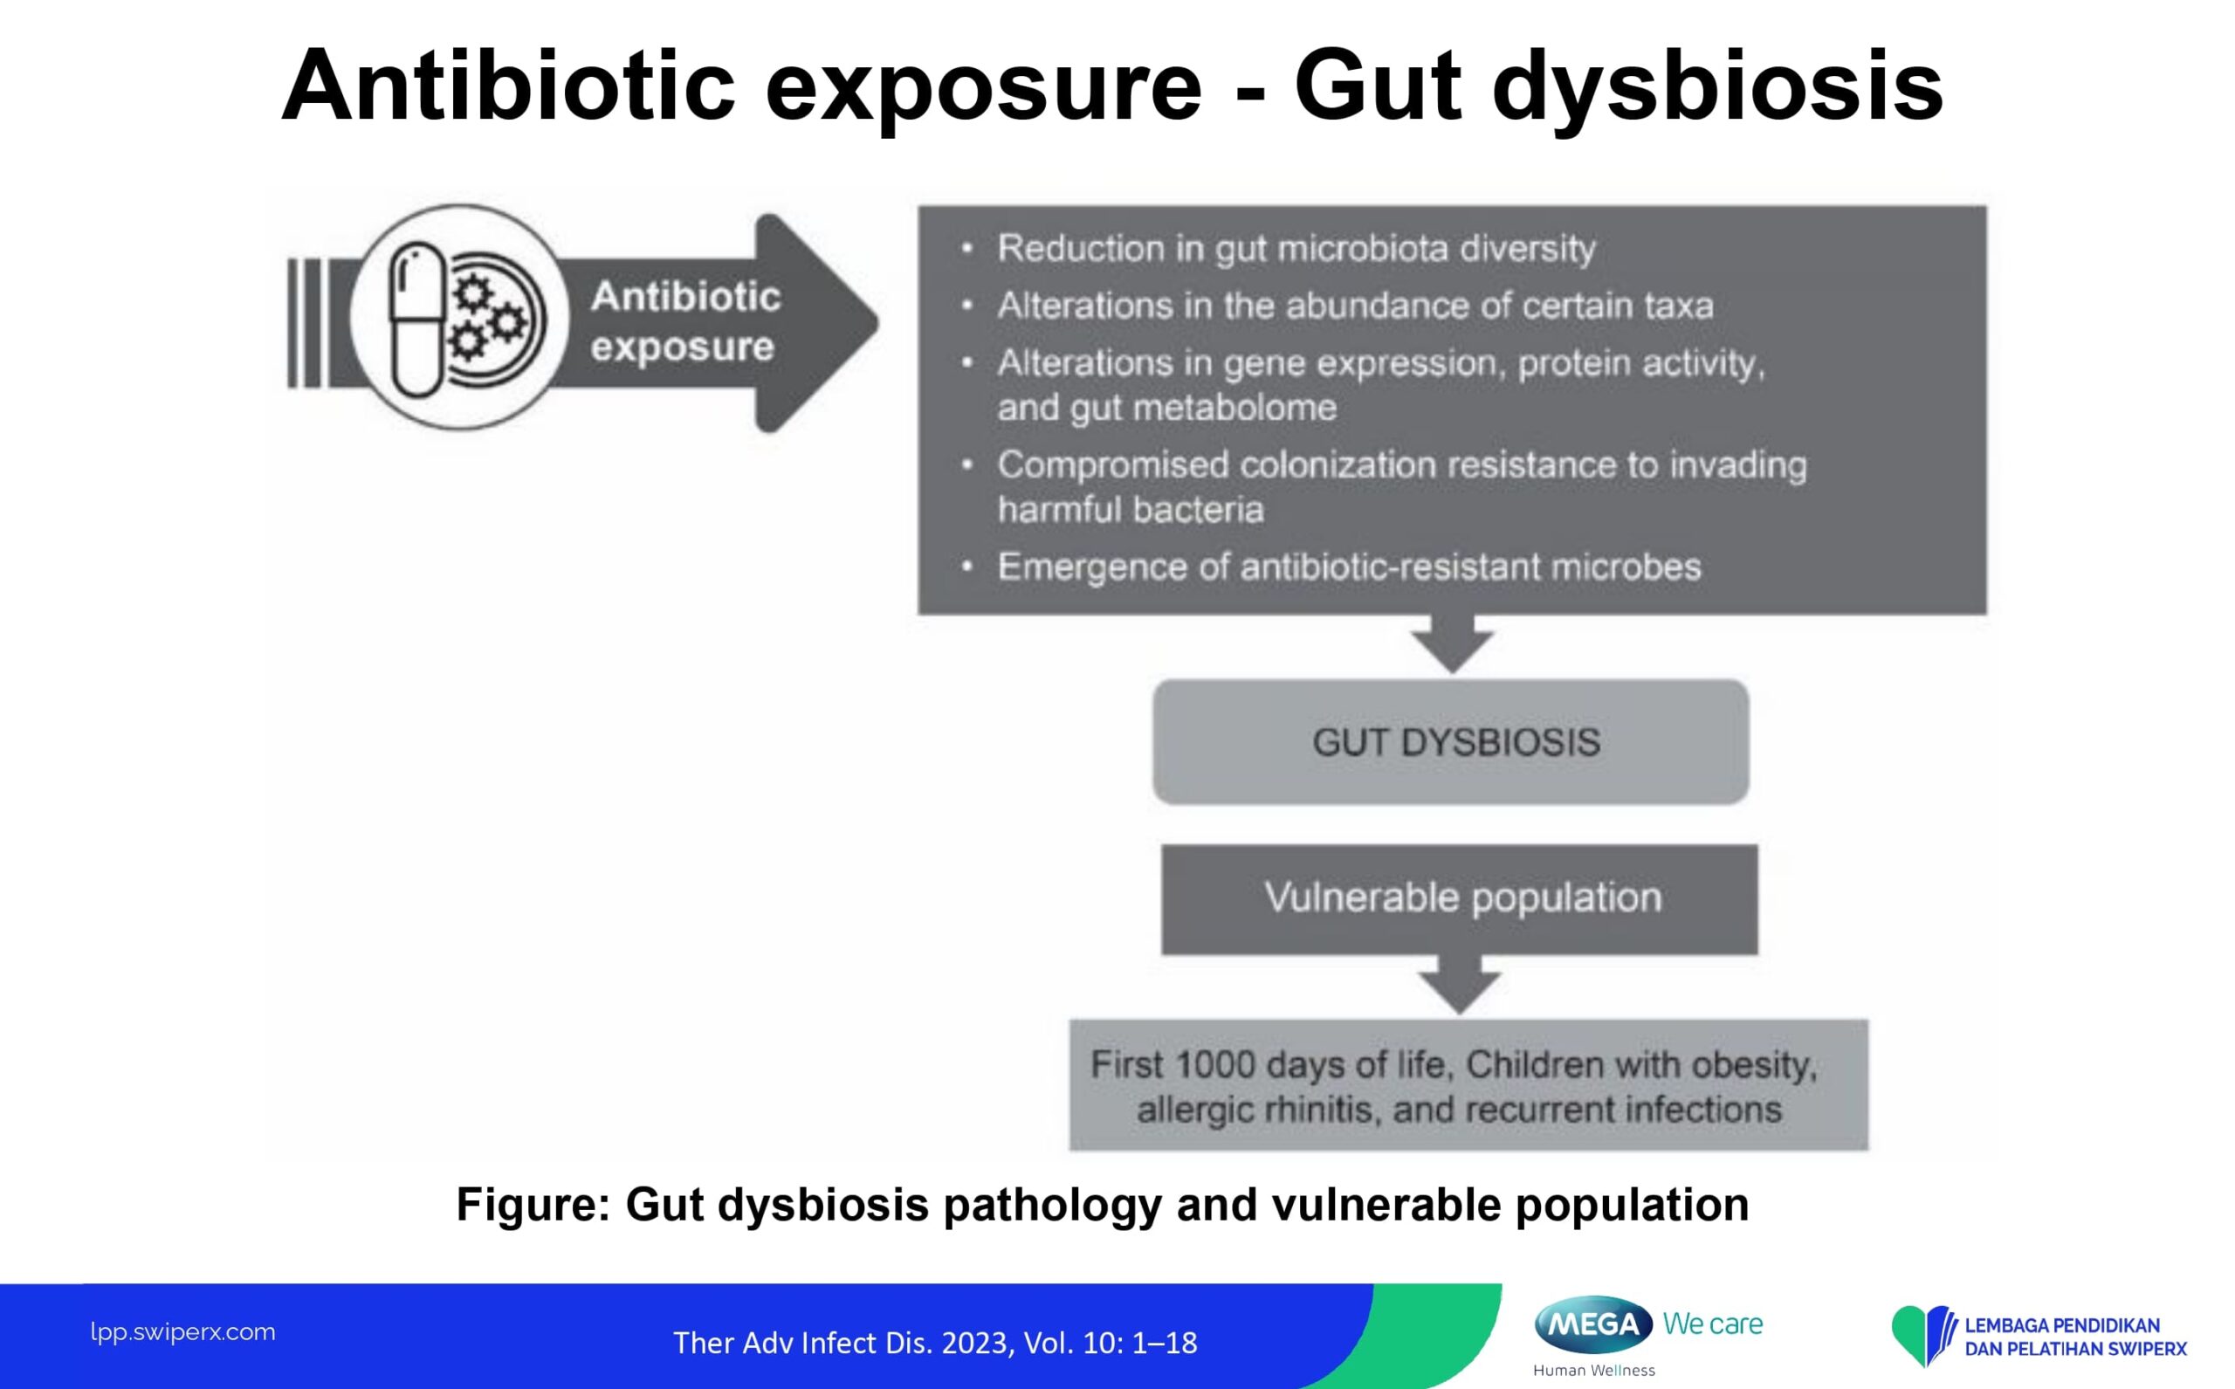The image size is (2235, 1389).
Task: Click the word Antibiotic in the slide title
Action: pyautogui.click(x=508, y=86)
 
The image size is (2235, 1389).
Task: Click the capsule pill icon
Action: pyautogui.click(x=417, y=320)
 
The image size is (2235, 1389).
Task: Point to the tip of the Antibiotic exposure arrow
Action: pyautogui.click(x=878, y=322)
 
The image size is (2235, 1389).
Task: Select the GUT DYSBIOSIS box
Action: pyautogui.click(x=1450, y=742)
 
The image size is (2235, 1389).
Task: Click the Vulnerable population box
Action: pyautogui.click(x=1460, y=899)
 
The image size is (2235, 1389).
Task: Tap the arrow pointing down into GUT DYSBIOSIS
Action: pyautogui.click(x=1453, y=644)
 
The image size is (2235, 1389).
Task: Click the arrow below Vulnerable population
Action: pyautogui.click(x=1460, y=984)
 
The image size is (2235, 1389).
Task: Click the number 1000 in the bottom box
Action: pyautogui.click(x=1215, y=1065)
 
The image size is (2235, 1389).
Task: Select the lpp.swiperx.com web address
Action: pyautogui.click(x=182, y=1333)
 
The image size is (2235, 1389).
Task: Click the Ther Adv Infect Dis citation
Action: pyautogui.click(x=935, y=1343)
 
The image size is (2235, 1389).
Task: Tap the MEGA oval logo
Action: pyautogui.click(x=1594, y=1324)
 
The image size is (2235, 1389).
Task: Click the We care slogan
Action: pyautogui.click(x=1713, y=1324)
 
